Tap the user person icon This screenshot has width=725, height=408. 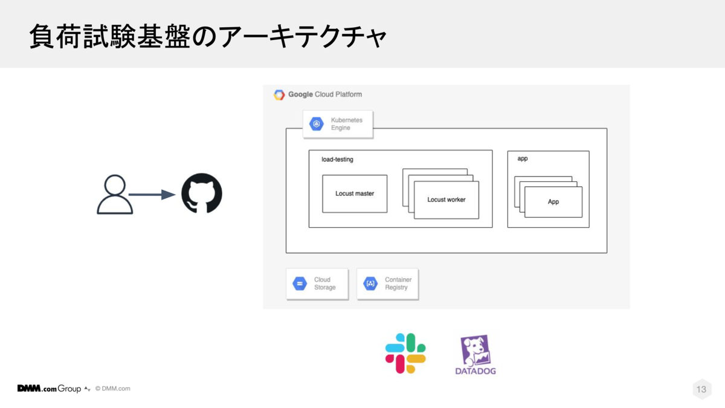click(114, 195)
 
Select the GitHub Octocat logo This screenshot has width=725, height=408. click(202, 193)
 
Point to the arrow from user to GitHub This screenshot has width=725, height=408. click(152, 195)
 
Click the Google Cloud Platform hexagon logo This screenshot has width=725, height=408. click(279, 94)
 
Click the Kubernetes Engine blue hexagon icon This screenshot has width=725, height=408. click(317, 124)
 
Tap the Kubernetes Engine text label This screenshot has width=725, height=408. click(346, 124)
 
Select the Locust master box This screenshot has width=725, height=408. click(355, 194)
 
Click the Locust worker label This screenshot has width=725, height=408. click(446, 199)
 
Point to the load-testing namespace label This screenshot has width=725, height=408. click(337, 160)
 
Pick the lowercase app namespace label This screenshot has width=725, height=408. click(523, 158)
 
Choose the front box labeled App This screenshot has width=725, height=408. click(553, 202)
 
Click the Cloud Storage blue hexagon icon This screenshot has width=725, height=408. click(300, 283)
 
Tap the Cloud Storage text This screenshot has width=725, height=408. click(324, 283)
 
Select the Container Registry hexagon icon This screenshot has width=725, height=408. click(370, 283)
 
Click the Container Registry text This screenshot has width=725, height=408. click(398, 283)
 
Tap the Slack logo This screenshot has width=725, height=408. click(405, 353)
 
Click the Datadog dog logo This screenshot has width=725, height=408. click(475, 351)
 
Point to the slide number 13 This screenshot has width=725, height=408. click(701, 389)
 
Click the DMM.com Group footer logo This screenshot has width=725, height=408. click(49, 389)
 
